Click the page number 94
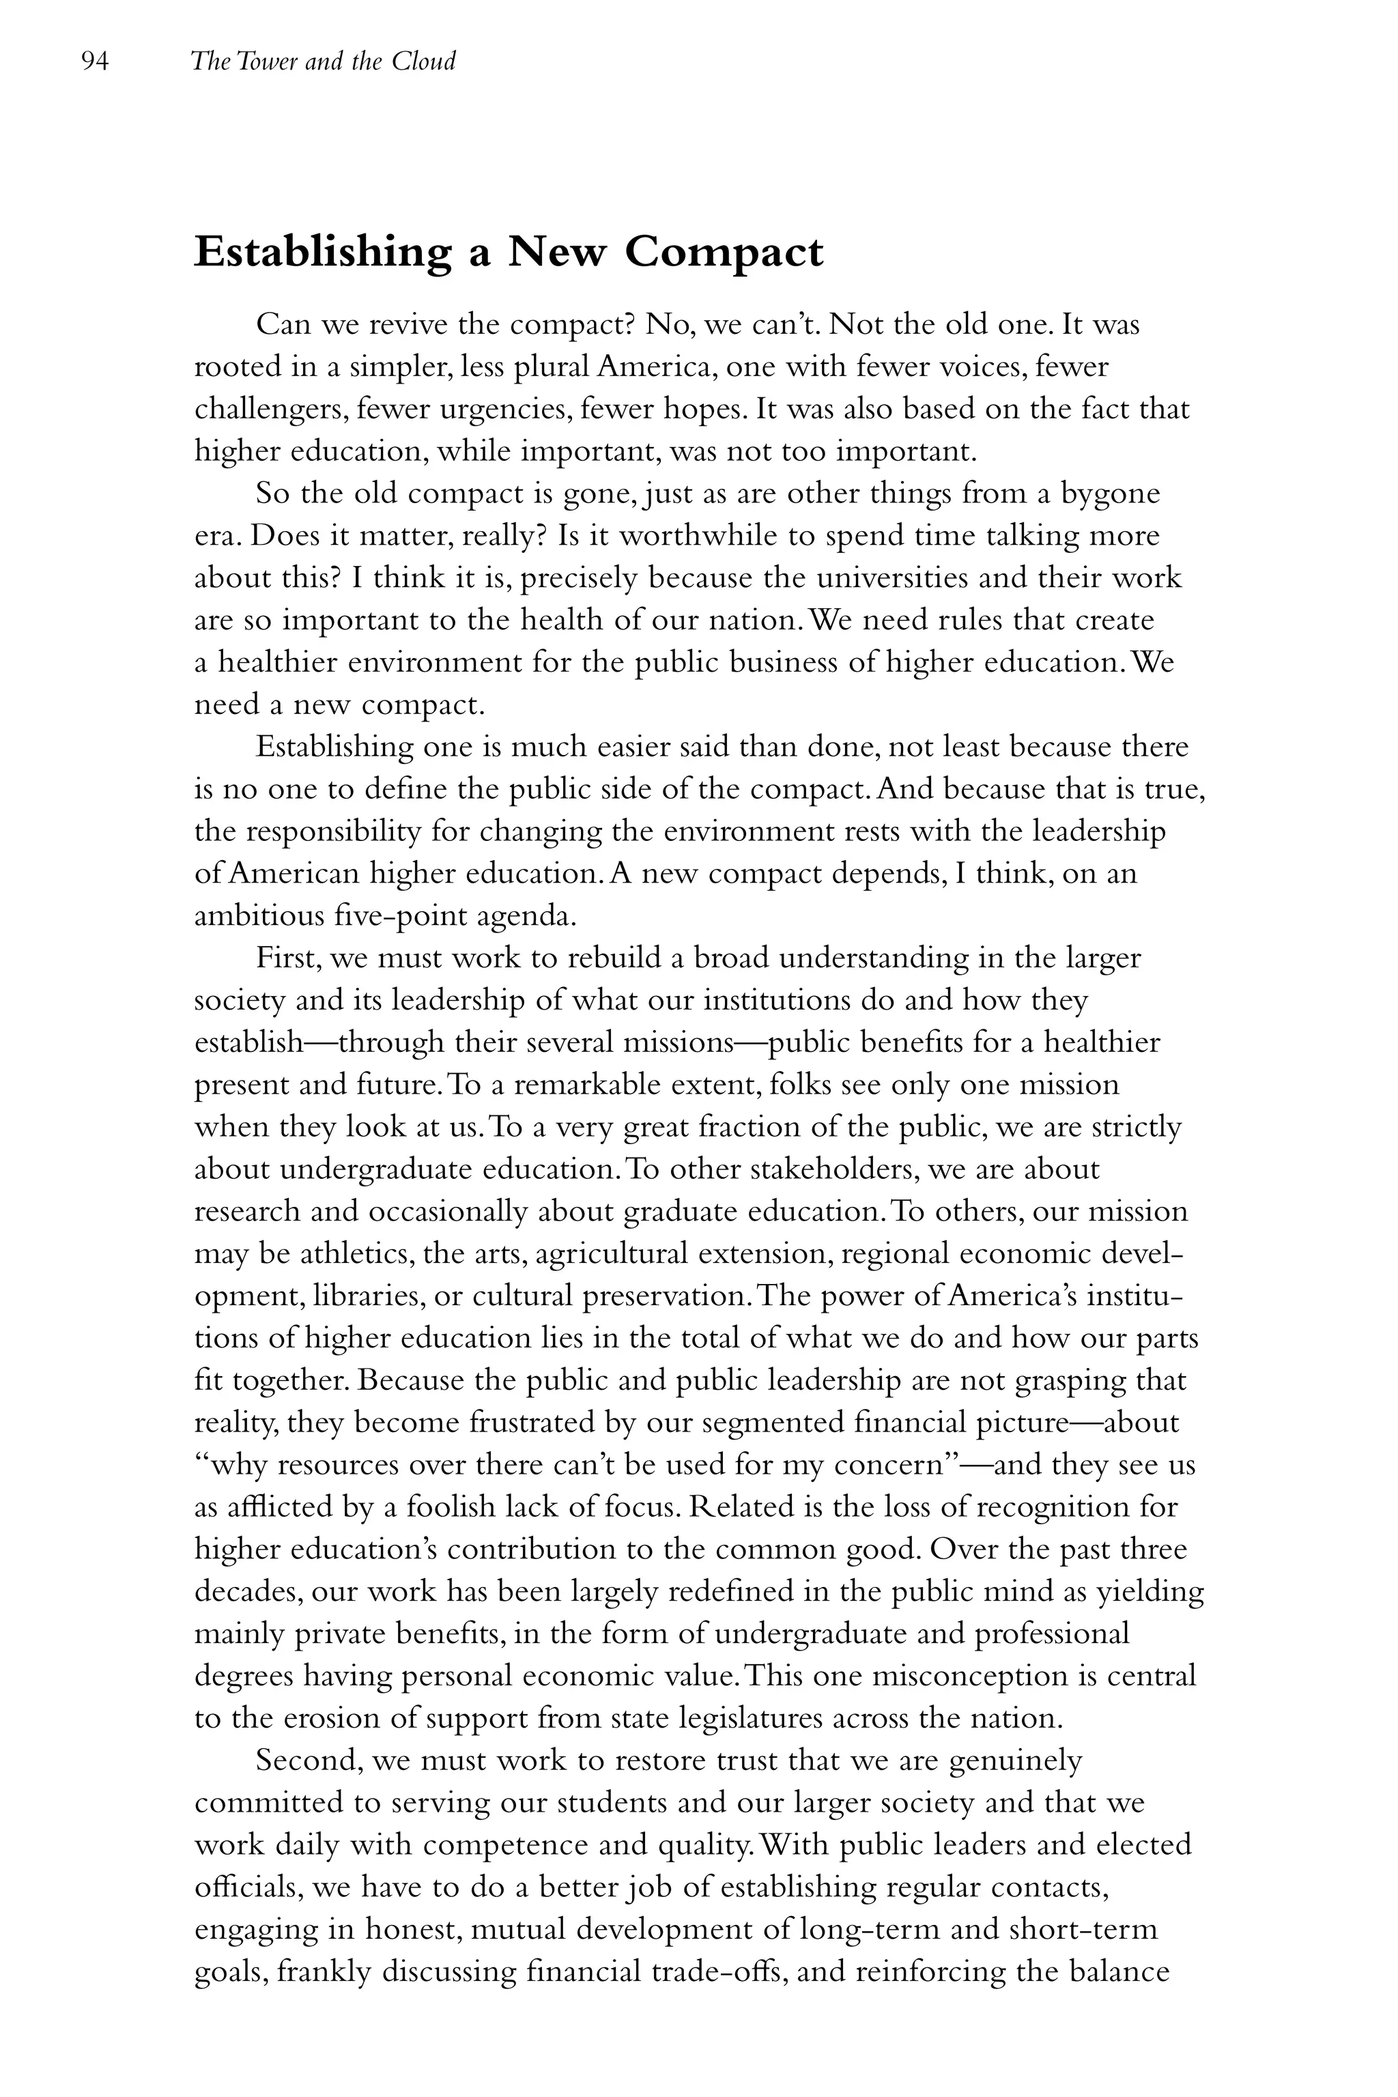pyautogui.click(x=94, y=61)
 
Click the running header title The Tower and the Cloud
pyautogui.click(x=323, y=61)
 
